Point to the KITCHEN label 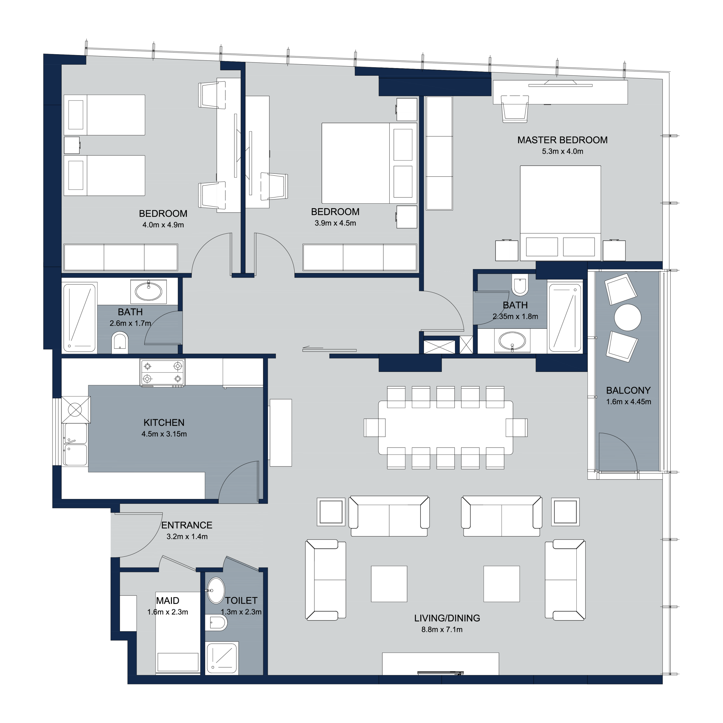pos(164,423)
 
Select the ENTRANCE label pos(187,525)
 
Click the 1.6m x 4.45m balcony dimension pos(628,402)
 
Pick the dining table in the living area pos(445,427)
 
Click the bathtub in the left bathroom pos(80,318)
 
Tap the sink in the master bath pos(512,341)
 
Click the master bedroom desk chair pos(515,108)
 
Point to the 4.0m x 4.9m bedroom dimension pos(163,225)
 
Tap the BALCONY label pos(628,390)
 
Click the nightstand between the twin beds pos(71,145)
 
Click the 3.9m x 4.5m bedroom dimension pos(335,223)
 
